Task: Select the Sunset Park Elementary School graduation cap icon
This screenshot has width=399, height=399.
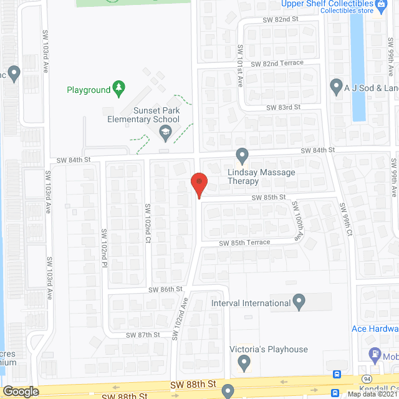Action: tap(165, 131)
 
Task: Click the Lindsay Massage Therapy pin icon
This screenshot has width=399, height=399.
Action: tap(243, 154)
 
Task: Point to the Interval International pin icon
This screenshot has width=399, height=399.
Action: tap(299, 303)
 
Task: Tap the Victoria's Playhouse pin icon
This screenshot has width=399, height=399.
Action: tap(244, 362)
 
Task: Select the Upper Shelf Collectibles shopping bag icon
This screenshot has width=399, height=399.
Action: tap(380, 11)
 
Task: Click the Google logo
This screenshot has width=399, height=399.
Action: tap(21, 391)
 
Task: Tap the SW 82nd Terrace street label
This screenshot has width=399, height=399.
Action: tap(277, 64)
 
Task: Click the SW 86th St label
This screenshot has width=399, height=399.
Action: tap(165, 290)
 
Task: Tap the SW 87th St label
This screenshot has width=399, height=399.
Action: tap(143, 335)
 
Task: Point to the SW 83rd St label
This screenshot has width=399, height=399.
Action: tap(284, 107)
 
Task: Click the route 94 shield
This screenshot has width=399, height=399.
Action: tap(367, 378)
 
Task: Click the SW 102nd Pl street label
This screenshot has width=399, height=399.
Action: tap(105, 246)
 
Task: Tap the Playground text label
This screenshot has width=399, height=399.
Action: tap(89, 90)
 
